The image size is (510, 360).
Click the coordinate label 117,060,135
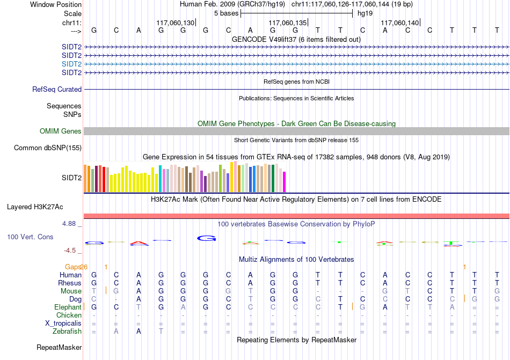coord(287,23)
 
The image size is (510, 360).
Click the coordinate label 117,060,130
coord(176,23)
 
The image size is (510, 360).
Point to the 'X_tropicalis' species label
coord(63,324)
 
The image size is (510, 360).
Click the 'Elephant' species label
coord(68,307)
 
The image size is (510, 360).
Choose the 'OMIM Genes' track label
coord(60,131)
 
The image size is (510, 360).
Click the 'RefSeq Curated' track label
coord(57,90)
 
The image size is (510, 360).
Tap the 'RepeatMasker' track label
coord(59,348)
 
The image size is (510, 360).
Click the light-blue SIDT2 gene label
coord(71,64)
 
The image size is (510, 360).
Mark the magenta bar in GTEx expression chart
coord(285,181)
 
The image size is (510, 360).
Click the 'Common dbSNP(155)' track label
coord(48,148)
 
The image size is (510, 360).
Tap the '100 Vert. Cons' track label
coord(30,237)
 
